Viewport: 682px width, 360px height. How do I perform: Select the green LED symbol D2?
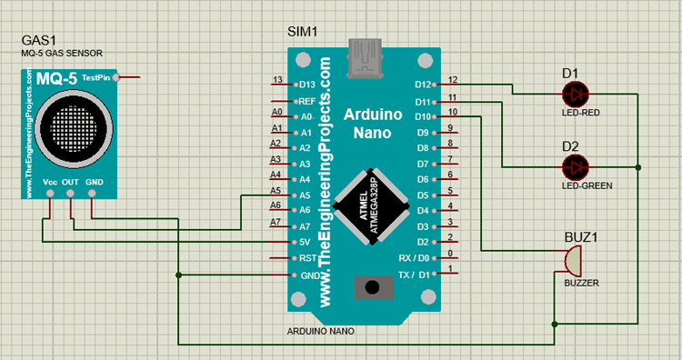point(575,166)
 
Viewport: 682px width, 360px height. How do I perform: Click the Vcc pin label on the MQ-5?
point(50,182)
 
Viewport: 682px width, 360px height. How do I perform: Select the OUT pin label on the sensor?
point(71,182)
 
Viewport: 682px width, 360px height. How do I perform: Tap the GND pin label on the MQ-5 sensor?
point(95,182)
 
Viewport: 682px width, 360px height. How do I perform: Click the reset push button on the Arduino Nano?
point(371,288)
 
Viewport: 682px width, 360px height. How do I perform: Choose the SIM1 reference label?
point(302,32)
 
